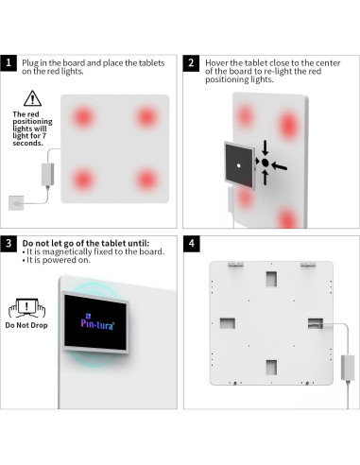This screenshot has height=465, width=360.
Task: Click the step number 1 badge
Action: point(9,62)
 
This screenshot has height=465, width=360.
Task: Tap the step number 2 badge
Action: point(191,62)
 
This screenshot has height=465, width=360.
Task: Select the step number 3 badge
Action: point(9,244)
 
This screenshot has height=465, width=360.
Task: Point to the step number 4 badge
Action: point(192,244)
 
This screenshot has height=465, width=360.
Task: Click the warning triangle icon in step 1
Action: point(32,98)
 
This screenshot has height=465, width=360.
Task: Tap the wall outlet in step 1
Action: point(16,203)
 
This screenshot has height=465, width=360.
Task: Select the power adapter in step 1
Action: point(47,175)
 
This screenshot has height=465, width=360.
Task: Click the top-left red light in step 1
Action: point(83,117)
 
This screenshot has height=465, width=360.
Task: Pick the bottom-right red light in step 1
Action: point(146,180)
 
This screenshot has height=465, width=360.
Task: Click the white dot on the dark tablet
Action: point(239,165)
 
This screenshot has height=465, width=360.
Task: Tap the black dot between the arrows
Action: point(266,163)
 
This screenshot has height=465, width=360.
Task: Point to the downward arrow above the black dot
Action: point(266,147)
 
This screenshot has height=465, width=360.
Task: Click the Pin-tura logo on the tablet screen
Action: point(97,321)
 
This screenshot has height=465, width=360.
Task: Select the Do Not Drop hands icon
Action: point(26,308)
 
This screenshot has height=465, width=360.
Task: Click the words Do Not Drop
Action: point(26,325)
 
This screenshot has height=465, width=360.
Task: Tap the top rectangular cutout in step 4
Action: point(271,279)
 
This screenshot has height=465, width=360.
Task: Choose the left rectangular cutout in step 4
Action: point(228,323)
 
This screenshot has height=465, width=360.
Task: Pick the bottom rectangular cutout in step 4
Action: point(271,368)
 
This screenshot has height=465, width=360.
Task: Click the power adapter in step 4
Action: point(348,368)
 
